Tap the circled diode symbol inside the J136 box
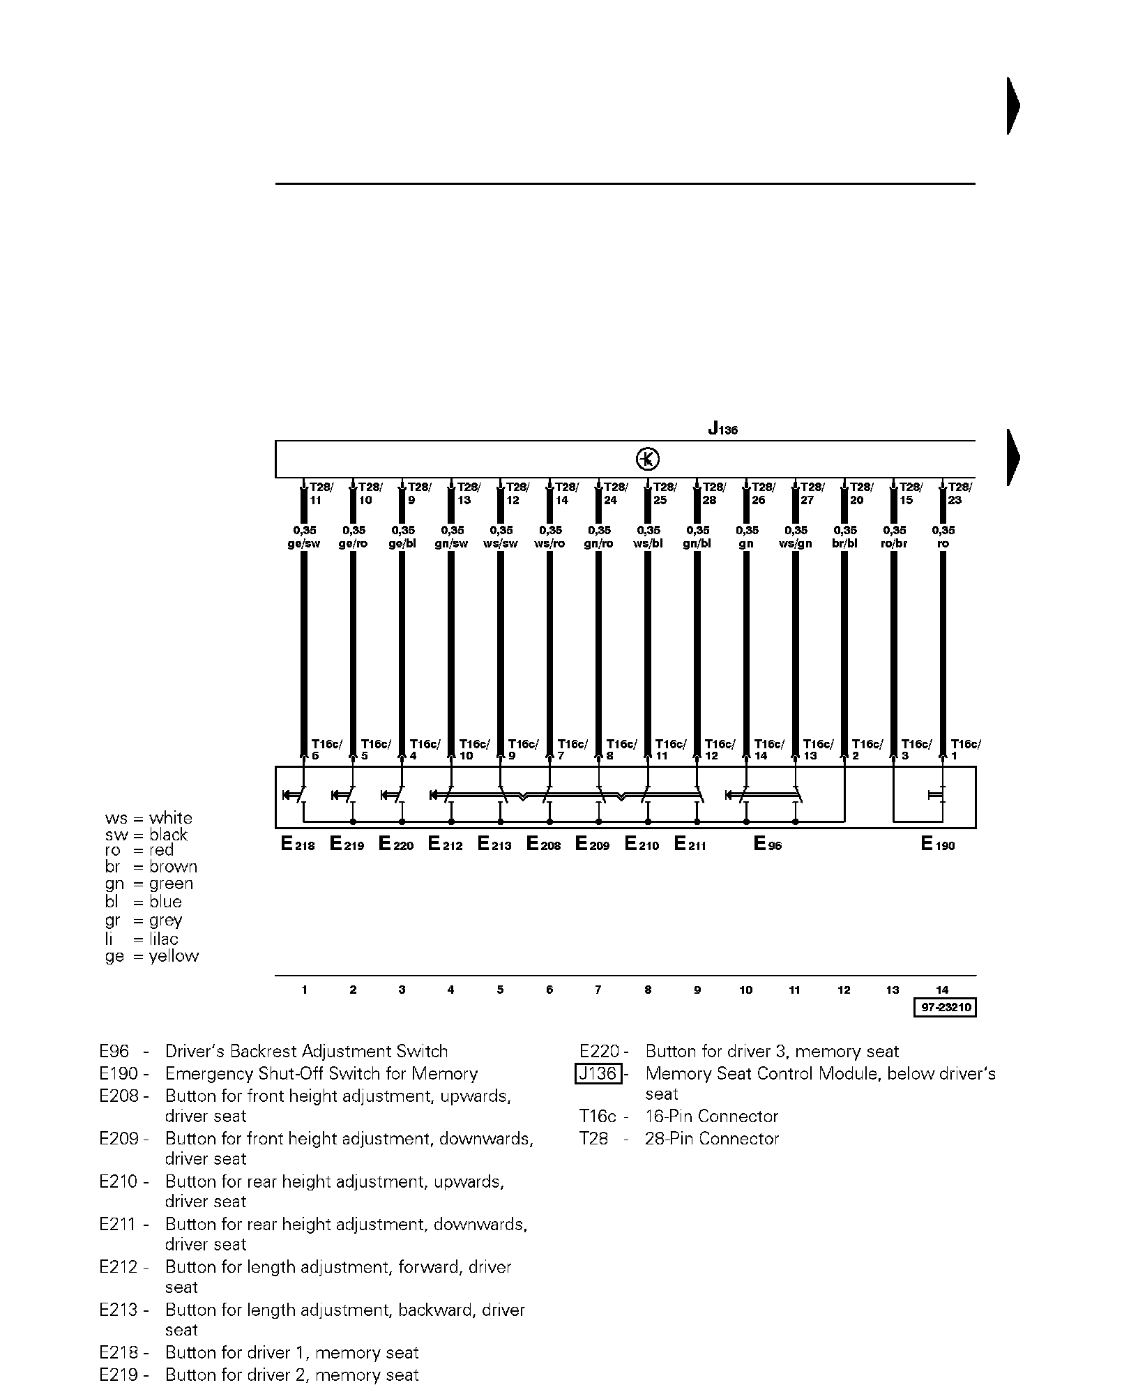[648, 460]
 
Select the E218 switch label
[298, 845]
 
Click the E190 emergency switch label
[937, 845]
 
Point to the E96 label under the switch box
[768, 845]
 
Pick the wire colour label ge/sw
[303, 544]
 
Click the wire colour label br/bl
[844, 544]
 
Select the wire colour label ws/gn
[795, 544]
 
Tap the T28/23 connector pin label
[959, 493]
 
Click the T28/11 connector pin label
[321, 493]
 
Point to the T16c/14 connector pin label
[768, 750]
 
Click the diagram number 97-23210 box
[944, 1008]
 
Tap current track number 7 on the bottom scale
[598, 990]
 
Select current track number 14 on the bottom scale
[942, 990]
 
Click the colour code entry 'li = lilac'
[142, 939]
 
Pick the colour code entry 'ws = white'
[149, 818]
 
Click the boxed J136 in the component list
[598, 1073]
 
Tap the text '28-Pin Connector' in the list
[712, 1139]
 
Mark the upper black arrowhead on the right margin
[1013, 106]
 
